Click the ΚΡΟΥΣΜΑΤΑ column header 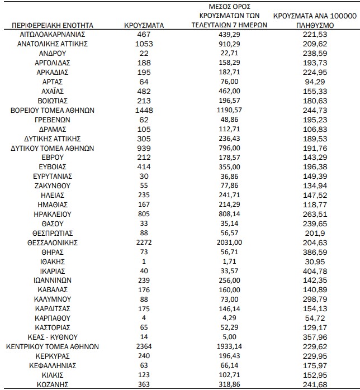pos(143,26)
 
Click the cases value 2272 pos(143,242)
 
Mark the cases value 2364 pos(143,346)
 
